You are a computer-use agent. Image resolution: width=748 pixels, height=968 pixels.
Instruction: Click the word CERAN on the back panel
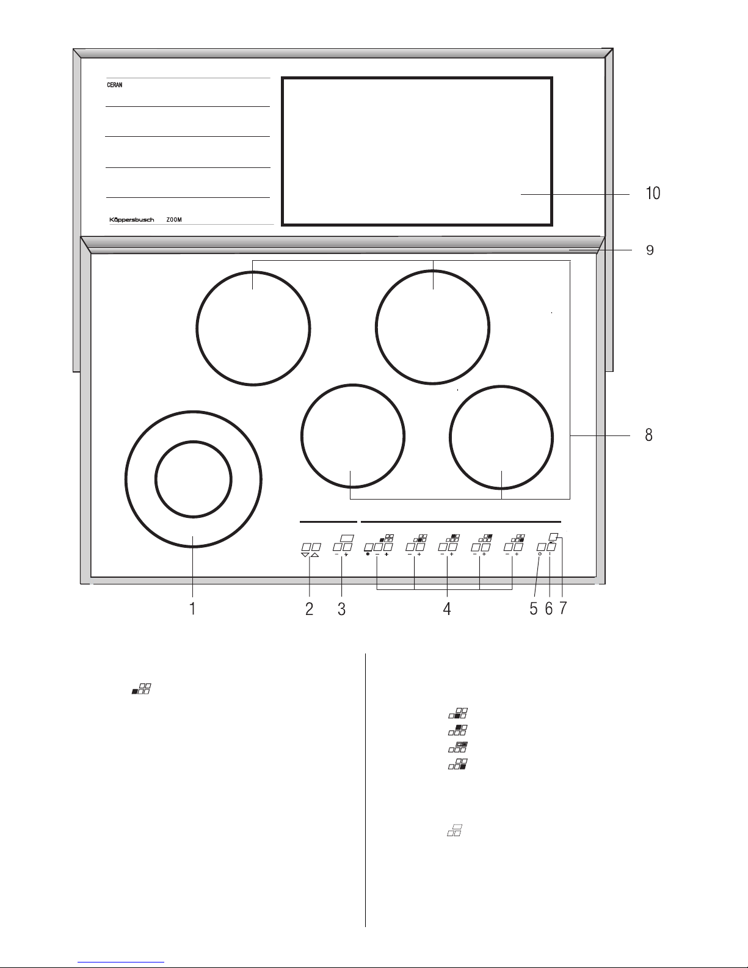pyautogui.click(x=114, y=85)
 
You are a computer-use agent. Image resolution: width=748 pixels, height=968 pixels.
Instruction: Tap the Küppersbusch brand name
pyautogui.click(x=132, y=220)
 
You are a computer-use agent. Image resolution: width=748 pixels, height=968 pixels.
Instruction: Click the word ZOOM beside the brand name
pyautogui.click(x=174, y=220)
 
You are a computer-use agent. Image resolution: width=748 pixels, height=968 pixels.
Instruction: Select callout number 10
pyautogui.click(x=653, y=194)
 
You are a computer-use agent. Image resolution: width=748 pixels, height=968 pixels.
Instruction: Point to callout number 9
pyautogui.click(x=650, y=250)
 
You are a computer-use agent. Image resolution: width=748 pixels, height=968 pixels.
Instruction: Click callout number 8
pyautogui.click(x=648, y=435)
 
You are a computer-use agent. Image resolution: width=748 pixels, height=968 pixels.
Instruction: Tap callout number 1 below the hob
pyautogui.click(x=192, y=608)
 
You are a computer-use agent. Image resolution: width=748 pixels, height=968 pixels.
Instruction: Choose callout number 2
pyautogui.click(x=309, y=608)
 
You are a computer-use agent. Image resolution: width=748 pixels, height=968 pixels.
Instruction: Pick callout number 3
pyautogui.click(x=341, y=608)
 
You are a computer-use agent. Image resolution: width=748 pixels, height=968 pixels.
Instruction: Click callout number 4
pyautogui.click(x=447, y=608)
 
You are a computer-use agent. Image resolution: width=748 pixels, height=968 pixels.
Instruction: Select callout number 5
pyautogui.click(x=534, y=608)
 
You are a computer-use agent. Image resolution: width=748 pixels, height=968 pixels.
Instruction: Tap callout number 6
pyautogui.click(x=549, y=608)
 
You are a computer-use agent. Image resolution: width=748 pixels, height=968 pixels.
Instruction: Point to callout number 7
pyautogui.click(x=563, y=608)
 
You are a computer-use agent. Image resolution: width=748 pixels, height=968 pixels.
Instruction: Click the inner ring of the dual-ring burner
pyautogui.click(x=193, y=442)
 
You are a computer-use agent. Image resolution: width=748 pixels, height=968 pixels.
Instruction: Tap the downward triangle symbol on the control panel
pyautogui.click(x=305, y=555)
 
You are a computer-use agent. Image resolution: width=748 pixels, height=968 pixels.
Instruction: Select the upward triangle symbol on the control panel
pyautogui.click(x=315, y=555)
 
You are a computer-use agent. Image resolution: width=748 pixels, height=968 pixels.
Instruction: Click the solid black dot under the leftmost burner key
pyautogui.click(x=368, y=554)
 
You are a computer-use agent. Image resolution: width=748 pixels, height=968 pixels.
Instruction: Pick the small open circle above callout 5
pyautogui.click(x=540, y=554)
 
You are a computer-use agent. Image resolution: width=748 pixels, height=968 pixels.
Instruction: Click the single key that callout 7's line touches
pyautogui.click(x=554, y=536)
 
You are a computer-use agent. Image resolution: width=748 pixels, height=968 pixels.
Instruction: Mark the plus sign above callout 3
pyautogui.click(x=346, y=554)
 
